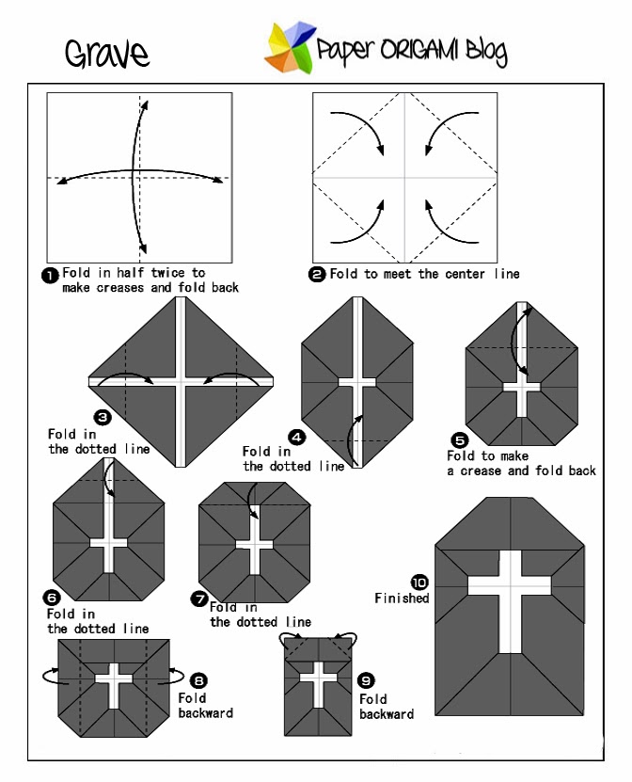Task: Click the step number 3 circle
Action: [x=103, y=417]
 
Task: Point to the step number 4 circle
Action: [x=297, y=437]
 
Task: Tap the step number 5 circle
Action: [x=459, y=439]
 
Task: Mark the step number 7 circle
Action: [x=198, y=598]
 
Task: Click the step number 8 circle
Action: [x=198, y=680]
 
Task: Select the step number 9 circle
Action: [x=367, y=680]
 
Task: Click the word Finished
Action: [x=402, y=598]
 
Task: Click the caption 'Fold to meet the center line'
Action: [x=424, y=275]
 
